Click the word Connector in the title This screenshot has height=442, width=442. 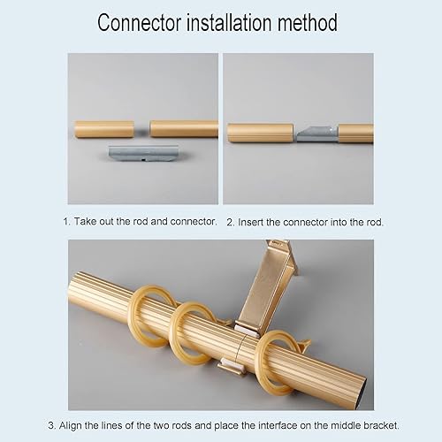pos(139,23)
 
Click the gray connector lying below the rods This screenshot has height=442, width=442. pos(143,153)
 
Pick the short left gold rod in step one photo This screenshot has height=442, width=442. pos(104,129)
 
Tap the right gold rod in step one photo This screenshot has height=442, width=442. pos(184,129)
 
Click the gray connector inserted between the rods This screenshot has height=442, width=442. pos(317,134)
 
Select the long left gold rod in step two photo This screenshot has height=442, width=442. pos(261,133)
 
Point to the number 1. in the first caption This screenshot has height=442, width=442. pos(67,221)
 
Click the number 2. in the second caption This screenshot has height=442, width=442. pos(231,222)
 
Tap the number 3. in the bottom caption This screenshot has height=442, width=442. pos(52,425)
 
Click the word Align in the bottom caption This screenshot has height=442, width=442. pos(71,425)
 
